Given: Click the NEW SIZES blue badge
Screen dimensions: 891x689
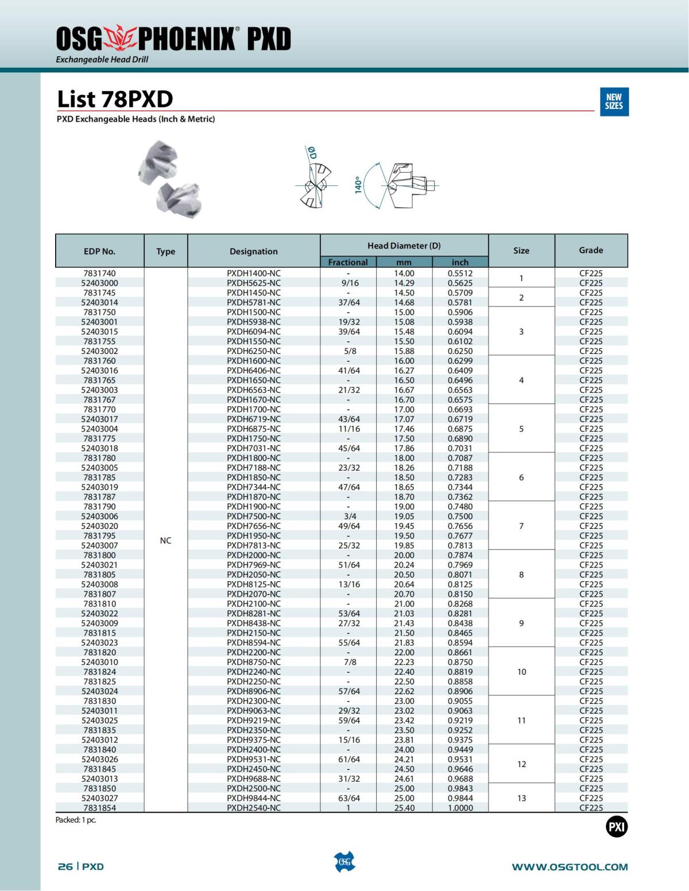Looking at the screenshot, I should tap(614, 102).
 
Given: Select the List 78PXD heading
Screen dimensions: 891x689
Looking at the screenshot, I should tap(115, 99).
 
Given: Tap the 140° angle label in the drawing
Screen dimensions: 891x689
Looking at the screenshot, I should tap(358, 185).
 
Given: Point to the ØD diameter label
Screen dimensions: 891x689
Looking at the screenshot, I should tap(312, 153).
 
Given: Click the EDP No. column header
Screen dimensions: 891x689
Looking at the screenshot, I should tap(99, 251).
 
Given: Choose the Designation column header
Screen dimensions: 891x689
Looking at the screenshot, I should tap(253, 251).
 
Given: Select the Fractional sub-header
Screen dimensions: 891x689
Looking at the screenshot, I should tap(348, 262).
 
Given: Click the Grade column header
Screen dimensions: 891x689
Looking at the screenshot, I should tap(591, 250).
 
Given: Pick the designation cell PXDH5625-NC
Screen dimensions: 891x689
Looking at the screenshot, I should tap(254, 283).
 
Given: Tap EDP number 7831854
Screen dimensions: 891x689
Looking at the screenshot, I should tap(99, 808).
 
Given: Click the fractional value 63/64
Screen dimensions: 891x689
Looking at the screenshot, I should tap(349, 798).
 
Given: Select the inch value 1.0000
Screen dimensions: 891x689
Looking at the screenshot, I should tap(460, 808).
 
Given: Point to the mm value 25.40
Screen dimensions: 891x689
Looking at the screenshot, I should tap(404, 808).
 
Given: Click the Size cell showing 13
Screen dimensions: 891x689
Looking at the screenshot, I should tap(521, 798).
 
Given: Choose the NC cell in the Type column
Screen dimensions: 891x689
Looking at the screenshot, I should tap(165, 540).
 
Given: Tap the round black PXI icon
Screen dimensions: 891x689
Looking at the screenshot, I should tap(617, 827).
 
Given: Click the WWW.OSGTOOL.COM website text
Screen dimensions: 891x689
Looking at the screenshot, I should tap(570, 867).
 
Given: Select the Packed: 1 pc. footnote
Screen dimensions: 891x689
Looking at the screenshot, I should tap(76, 820).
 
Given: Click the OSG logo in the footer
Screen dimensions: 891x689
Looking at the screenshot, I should tap(344, 862).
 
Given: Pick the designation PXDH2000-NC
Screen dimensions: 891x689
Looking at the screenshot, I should tap(254, 555).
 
